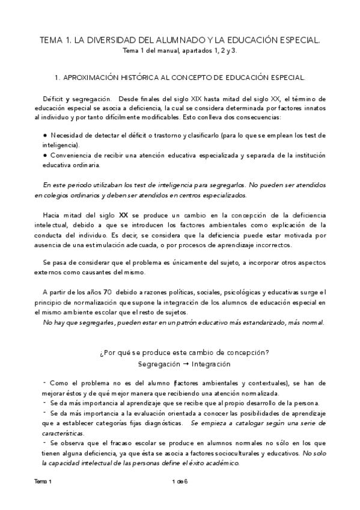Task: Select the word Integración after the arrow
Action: pyautogui.click(x=209, y=364)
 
